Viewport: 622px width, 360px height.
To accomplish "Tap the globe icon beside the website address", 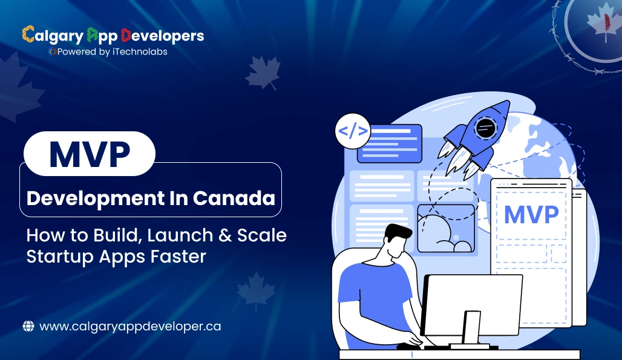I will point(28,326).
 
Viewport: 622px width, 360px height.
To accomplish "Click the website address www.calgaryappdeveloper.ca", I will point(130,326).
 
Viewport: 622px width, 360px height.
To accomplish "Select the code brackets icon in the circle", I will point(352,131).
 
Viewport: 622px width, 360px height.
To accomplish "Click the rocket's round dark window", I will point(485,128).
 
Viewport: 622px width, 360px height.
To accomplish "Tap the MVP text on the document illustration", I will point(531,215).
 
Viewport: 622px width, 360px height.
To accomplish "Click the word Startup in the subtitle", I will point(59,256).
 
